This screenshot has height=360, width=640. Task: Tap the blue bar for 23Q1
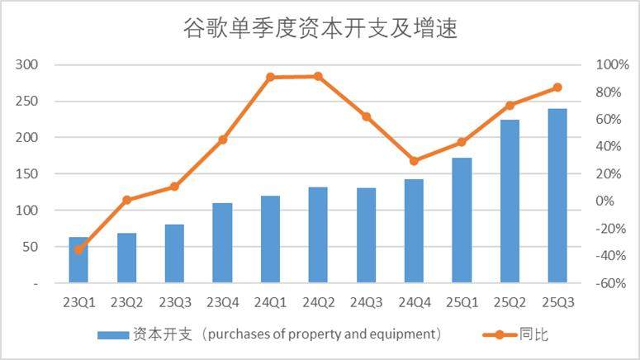pyautogui.click(x=78, y=260)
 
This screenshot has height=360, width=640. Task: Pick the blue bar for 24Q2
pyautogui.click(x=318, y=235)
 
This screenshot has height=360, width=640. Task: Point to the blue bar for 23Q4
pyautogui.click(x=222, y=243)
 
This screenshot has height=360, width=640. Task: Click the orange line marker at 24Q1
pyautogui.click(x=270, y=77)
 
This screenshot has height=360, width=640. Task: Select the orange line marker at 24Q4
pyautogui.click(x=414, y=161)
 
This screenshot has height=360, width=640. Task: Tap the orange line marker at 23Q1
pyautogui.click(x=78, y=249)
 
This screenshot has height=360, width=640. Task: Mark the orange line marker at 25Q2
pyautogui.click(x=510, y=105)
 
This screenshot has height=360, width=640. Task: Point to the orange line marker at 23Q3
pyautogui.click(x=174, y=187)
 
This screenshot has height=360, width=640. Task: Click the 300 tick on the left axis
pyautogui.click(x=39, y=64)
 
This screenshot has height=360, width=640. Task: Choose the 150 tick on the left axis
pyautogui.click(x=39, y=174)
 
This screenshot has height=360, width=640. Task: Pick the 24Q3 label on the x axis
pyautogui.click(x=366, y=302)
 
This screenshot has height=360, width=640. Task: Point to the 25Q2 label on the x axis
pyautogui.click(x=510, y=302)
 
